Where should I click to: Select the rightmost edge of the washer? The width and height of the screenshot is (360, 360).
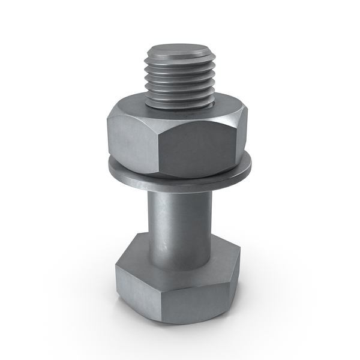pos(251,171)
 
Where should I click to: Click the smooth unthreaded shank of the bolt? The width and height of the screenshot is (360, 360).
pos(180,222)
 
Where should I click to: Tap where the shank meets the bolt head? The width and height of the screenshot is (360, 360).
pos(180,268)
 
